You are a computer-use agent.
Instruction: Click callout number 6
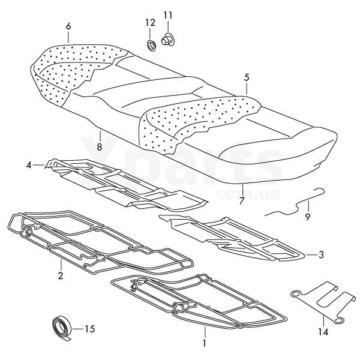click(x=68, y=26)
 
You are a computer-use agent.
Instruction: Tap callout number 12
click(x=150, y=23)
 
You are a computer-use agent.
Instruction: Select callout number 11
click(x=167, y=16)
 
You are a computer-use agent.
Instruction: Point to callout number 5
click(x=247, y=77)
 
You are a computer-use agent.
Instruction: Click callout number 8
click(x=100, y=146)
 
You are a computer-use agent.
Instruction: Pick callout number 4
click(x=28, y=165)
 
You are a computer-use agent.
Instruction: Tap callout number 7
click(x=241, y=200)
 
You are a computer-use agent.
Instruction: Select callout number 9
click(x=308, y=217)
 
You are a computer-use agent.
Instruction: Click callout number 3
click(x=321, y=254)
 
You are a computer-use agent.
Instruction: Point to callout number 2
click(x=61, y=275)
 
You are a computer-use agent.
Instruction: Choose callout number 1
click(x=204, y=343)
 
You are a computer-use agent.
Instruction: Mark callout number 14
click(x=323, y=332)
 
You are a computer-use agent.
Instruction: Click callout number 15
click(x=90, y=329)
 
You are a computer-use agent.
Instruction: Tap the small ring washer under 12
click(x=151, y=45)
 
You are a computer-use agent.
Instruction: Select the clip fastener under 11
click(x=167, y=39)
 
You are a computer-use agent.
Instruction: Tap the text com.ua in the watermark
click(x=248, y=194)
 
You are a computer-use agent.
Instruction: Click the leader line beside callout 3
click(x=310, y=255)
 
